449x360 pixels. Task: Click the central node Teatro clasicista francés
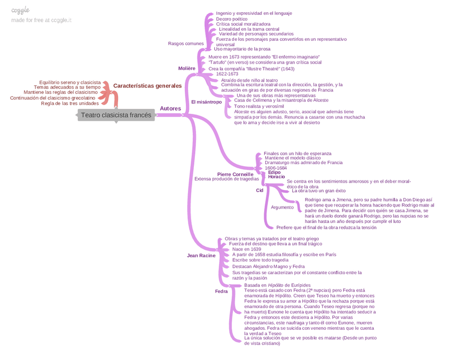click(x=116, y=115)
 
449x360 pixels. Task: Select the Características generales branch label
click(x=147, y=86)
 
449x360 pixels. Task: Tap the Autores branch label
click(x=170, y=109)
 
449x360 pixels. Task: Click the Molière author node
click(x=187, y=68)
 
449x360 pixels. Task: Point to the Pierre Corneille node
click(x=235, y=174)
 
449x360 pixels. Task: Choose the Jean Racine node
click(x=201, y=256)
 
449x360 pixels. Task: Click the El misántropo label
click(x=206, y=102)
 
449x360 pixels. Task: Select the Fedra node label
click(x=221, y=292)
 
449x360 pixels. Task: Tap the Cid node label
click(x=259, y=190)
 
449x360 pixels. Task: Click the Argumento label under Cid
click(x=282, y=208)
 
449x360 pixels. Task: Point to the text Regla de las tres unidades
click(x=70, y=103)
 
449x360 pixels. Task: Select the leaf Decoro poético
click(x=231, y=19)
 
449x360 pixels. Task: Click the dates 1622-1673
click(x=227, y=74)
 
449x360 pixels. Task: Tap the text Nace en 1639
click(x=247, y=249)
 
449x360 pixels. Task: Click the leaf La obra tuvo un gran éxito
click(x=318, y=191)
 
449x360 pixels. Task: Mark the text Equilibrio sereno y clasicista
click(x=70, y=83)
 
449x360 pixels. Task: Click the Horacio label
click(x=276, y=177)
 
